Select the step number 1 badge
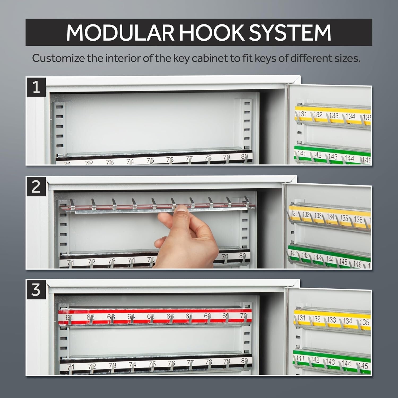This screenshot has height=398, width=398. point(36,87)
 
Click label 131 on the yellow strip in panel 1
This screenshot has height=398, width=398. point(302,114)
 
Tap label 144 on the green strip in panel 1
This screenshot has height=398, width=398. point(349,158)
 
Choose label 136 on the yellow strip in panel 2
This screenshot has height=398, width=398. point(358,219)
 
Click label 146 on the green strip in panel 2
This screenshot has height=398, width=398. point(357,264)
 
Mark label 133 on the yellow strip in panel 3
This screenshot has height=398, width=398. point(331,320)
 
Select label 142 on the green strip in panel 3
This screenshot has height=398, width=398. point(315,360)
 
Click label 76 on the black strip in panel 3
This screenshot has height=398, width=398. point(171,363)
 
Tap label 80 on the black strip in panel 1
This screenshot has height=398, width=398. point(244,157)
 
